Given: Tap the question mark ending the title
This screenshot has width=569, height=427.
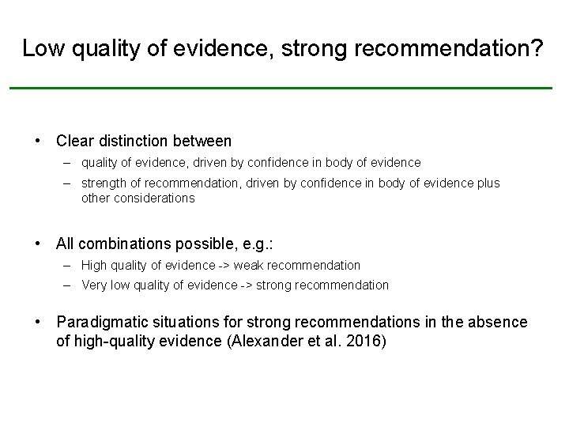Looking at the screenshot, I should pyautogui.click(x=537, y=49).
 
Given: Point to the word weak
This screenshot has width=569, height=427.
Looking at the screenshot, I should pyautogui.click(x=248, y=266).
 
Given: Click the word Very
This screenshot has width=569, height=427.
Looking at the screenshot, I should pyautogui.click(x=94, y=285).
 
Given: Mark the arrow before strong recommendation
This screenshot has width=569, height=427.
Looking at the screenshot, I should pyautogui.click(x=247, y=285).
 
